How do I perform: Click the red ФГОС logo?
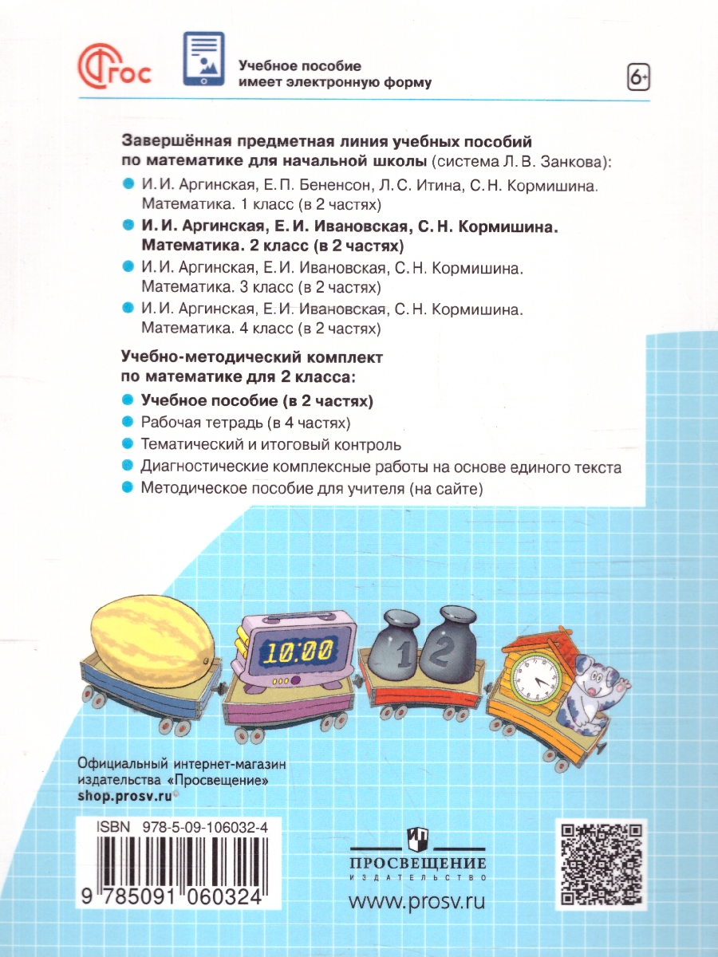(115, 65)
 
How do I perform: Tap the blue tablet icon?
(203, 59)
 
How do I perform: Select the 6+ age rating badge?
(638, 77)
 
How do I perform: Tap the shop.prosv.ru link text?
(124, 796)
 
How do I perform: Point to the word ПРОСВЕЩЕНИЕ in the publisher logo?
(419, 863)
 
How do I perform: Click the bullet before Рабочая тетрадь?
(128, 422)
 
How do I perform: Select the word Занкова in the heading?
(574, 162)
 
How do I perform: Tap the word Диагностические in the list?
(203, 467)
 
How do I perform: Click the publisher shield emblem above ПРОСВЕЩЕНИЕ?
(418, 838)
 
